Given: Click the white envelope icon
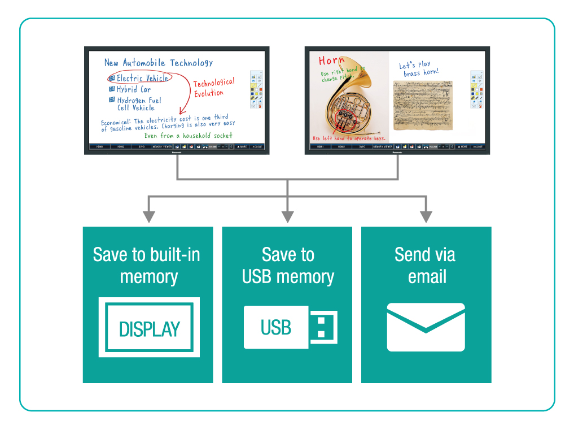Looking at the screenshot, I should (426, 327).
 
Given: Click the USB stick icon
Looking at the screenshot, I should (290, 327).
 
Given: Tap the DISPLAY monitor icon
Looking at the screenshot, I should (149, 328).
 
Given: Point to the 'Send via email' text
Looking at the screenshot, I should (426, 265).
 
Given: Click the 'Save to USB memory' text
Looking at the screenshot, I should (288, 265).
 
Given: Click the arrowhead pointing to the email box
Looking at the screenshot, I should (426, 216).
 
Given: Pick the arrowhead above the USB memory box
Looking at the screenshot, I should (287, 216).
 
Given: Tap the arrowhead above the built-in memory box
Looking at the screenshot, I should (148, 216).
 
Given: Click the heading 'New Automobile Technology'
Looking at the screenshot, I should (159, 63).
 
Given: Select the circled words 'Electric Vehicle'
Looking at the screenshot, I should (142, 78).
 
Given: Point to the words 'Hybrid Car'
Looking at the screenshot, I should (134, 89).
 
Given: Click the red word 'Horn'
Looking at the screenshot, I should (331, 60).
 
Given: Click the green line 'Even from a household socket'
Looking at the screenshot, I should (188, 136).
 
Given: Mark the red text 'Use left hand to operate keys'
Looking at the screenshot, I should (349, 138).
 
